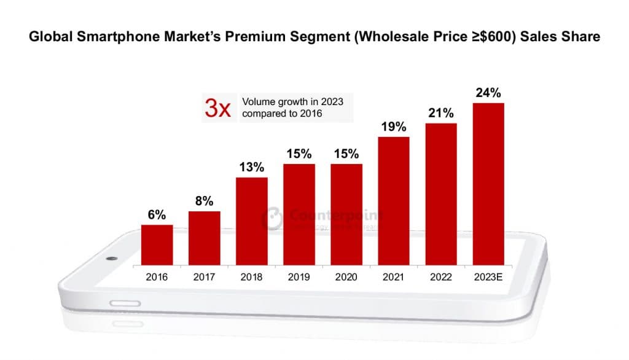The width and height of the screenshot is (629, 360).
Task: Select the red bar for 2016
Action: pos(157,245)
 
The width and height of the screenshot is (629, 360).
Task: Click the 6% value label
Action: pos(157,215)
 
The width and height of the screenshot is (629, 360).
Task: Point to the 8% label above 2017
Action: pos(204,201)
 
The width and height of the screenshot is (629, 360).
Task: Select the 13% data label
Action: pos(251,167)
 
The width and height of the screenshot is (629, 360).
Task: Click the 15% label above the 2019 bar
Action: pos(299,154)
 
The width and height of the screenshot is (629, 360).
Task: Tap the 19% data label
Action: pos(393,127)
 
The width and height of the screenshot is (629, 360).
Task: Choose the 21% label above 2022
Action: pos(440,113)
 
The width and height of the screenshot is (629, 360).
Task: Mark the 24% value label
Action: pos(488,93)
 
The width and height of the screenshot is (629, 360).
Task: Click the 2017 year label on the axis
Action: pos(204,277)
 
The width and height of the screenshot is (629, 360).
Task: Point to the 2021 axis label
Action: pos(393,277)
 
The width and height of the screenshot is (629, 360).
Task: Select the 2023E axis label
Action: pos(488,277)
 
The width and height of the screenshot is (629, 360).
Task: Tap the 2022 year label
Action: pos(440,277)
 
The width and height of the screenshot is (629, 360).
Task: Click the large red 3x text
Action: pos(217,109)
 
